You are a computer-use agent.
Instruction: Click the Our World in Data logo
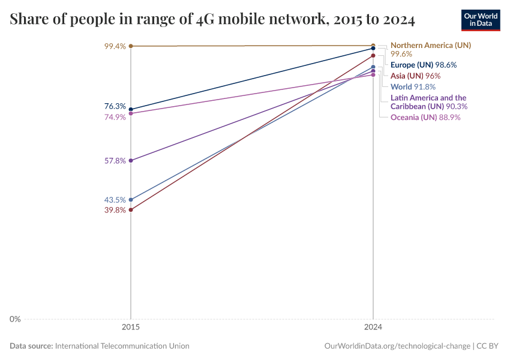pos(481,20)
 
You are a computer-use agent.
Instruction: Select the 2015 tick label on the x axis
pos(131,328)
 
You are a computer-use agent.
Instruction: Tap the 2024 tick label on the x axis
pos(373,328)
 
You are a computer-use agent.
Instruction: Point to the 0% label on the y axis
pos(15,319)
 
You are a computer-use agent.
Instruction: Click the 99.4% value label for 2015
pos(115,46)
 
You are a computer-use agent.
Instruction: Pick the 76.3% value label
pos(115,106)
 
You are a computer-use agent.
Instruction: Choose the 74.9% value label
pos(115,117)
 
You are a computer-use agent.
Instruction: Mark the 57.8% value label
pos(115,161)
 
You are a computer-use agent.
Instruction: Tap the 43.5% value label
pos(115,200)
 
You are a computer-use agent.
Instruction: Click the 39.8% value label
pos(115,210)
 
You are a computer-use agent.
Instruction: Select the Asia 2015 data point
pos(131,210)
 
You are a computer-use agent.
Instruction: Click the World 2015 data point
pos(131,200)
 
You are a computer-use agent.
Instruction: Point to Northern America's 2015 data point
pos(131,46)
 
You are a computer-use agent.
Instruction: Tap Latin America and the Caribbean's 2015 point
pos(131,161)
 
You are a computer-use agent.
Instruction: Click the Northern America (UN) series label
pos(431,45)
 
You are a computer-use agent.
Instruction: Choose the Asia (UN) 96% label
pos(416,76)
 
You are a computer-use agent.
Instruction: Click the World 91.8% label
pos(413,87)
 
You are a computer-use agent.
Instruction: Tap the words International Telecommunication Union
pos(122,346)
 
